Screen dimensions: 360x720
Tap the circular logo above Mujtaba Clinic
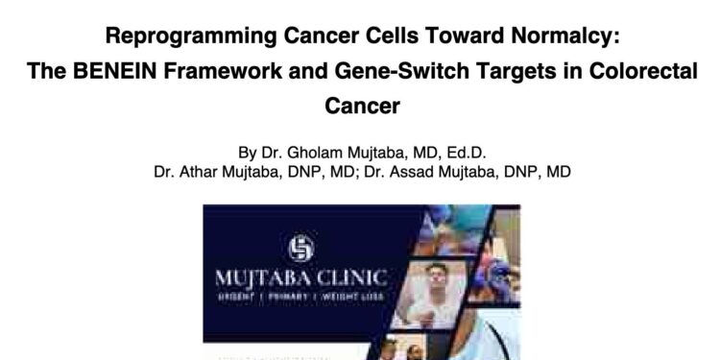click(301, 248)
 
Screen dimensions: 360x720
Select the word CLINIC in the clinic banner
click(352, 279)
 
